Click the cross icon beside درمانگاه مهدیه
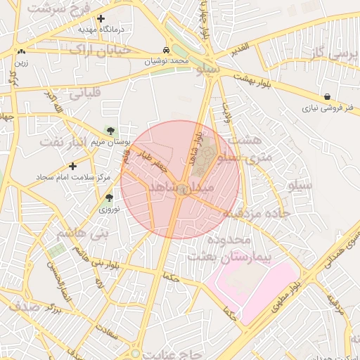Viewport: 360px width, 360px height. tap(101, 19)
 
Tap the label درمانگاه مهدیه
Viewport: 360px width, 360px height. tap(96, 30)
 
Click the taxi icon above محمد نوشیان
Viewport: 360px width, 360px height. tap(165, 51)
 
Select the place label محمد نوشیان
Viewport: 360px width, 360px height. tap(167, 61)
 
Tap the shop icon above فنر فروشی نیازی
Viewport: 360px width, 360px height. tap(328, 96)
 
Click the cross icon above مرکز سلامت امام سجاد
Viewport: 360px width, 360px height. tap(72, 166)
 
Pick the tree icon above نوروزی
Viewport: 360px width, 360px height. tap(108, 198)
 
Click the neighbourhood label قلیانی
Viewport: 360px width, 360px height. tap(84, 92)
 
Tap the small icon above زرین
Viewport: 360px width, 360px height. tap(21, 51)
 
